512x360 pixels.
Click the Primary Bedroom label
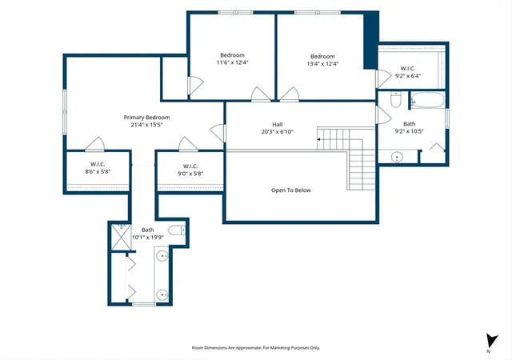click(x=146, y=118)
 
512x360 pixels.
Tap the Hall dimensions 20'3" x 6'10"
click(x=278, y=132)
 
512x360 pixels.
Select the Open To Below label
click(x=291, y=190)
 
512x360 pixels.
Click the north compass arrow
click(x=491, y=341)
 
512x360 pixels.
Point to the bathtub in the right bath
click(x=427, y=100)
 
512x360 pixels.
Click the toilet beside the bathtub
click(x=396, y=100)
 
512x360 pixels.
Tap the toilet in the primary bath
click(x=177, y=230)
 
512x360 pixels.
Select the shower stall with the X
click(x=121, y=237)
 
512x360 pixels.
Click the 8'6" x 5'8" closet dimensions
click(x=98, y=171)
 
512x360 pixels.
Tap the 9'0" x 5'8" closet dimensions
click(x=190, y=174)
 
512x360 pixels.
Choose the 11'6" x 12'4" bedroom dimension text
click(x=233, y=62)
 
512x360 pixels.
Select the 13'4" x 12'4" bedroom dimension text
click(x=322, y=64)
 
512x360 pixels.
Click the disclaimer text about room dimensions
click(x=256, y=348)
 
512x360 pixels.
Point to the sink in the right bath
click(x=397, y=157)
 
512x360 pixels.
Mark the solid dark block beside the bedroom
click(x=371, y=40)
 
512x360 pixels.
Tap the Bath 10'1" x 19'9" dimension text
click(x=147, y=238)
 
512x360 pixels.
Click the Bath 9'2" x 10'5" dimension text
click(x=409, y=131)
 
